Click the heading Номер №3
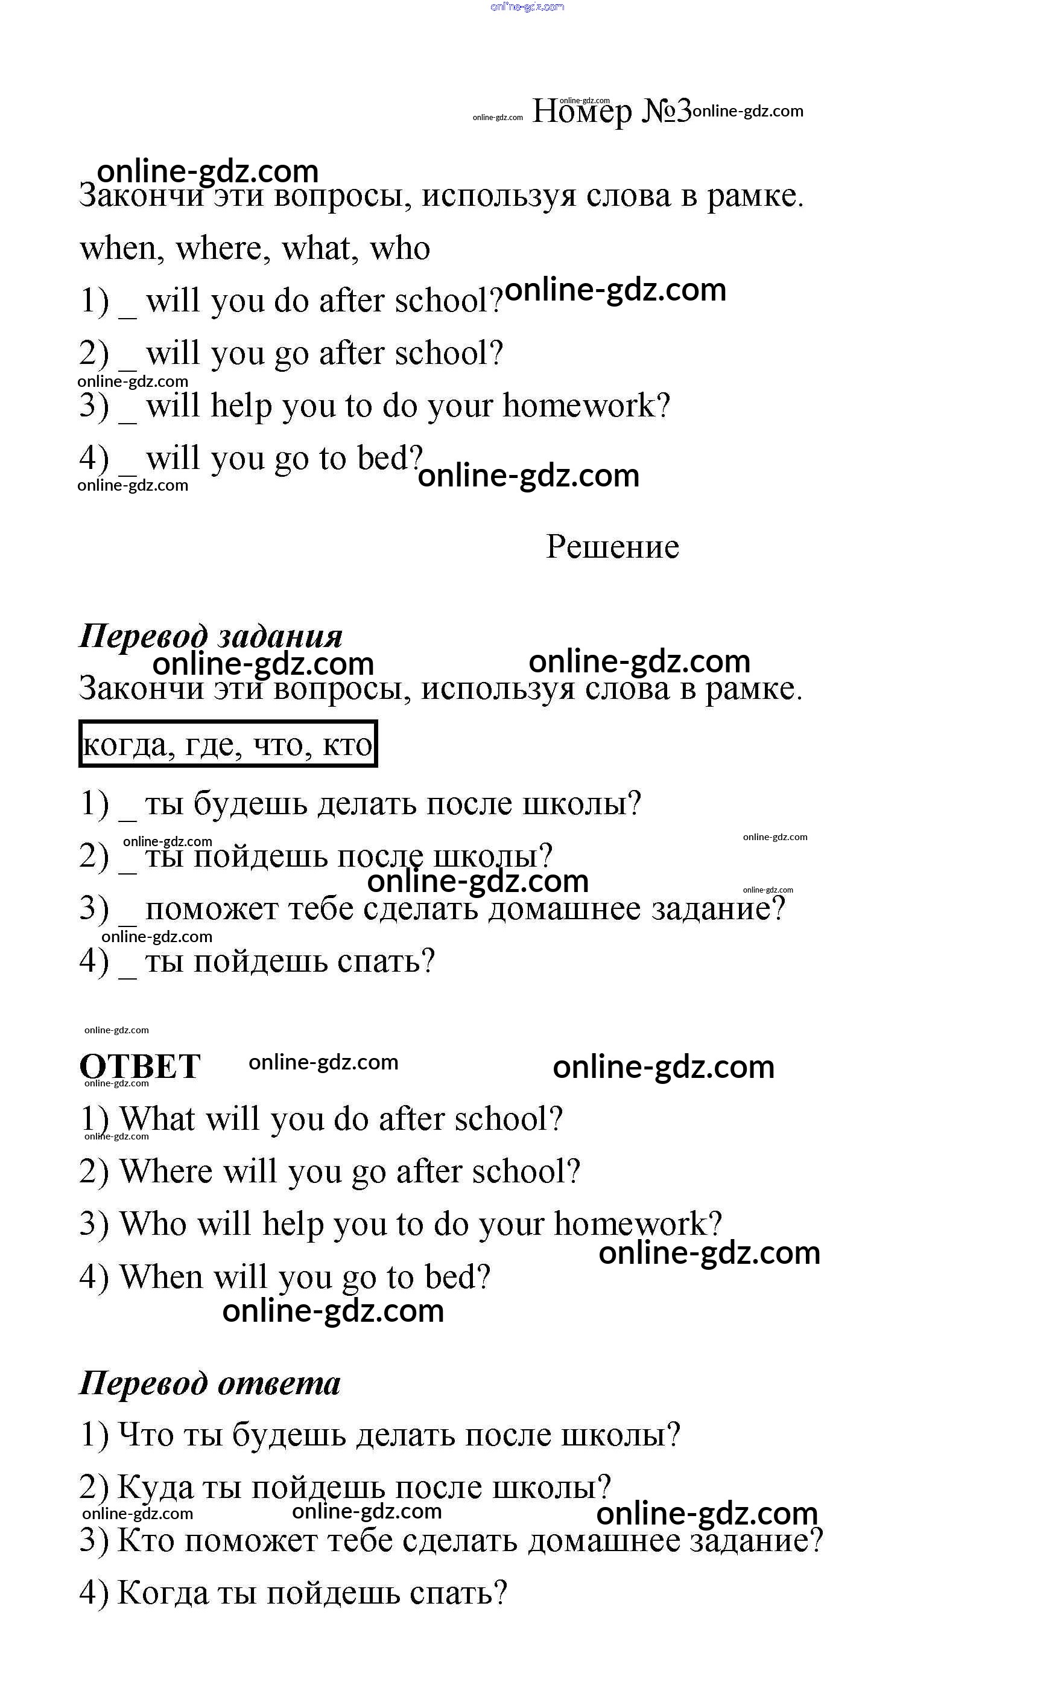pyautogui.click(x=611, y=111)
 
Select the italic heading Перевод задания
pyautogui.click(x=211, y=636)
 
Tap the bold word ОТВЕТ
pyautogui.click(x=139, y=1066)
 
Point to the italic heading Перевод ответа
pyautogui.click(x=209, y=1383)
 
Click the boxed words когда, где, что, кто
pyautogui.click(x=227, y=744)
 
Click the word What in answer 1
pyautogui.click(x=157, y=1119)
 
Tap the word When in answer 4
pyautogui.click(x=160, y=1276)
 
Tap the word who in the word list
pyautogui.click(x=399, y=249)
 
